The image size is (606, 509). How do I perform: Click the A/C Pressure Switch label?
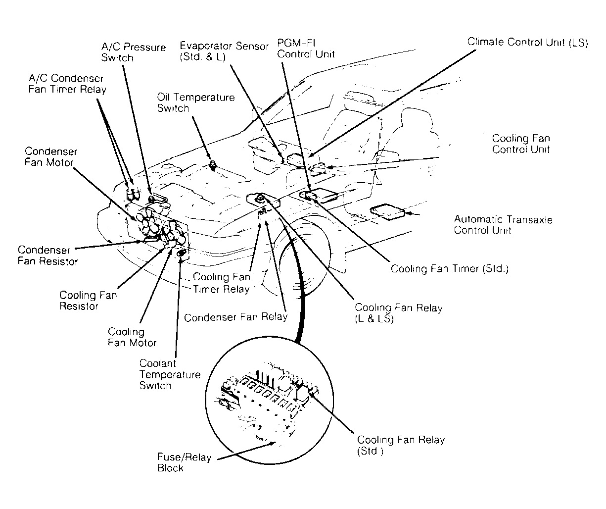point(134,52)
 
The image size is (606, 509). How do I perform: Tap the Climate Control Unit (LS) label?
point(528,43)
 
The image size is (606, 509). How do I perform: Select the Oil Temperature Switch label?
point(196,102)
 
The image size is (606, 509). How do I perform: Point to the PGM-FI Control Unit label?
point(306,49)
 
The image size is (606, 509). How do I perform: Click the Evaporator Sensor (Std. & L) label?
point(224,51)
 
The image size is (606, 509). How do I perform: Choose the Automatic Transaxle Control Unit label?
point(503,225)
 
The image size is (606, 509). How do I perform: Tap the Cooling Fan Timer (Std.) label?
point(450,268)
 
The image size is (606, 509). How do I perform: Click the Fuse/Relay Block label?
point(184,462)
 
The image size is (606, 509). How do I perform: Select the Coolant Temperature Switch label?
point(170,374)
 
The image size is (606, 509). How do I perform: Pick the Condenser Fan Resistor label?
point(48,255)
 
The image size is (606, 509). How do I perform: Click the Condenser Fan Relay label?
point(235,317)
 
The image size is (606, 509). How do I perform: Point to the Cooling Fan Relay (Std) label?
point(401,445)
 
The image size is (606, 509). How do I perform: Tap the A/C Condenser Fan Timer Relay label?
point(67,84)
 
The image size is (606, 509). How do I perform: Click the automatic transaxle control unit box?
point(387,211)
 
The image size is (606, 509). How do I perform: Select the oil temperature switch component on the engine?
point(213,165)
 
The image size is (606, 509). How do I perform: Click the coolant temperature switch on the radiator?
point(182,253)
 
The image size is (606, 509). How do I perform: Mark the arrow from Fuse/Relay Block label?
point(246,451)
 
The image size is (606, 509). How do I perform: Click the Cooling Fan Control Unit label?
point(521,144)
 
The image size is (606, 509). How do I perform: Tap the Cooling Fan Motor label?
point(132,337)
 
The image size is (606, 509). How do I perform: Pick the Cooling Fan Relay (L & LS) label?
point(399,313)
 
